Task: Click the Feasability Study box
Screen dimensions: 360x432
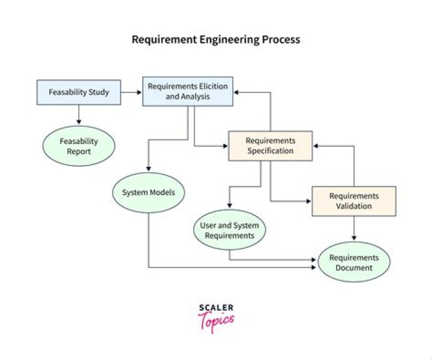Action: point(79,92)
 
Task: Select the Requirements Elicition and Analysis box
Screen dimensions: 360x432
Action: point(188,91)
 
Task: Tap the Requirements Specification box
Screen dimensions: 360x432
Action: point(270,145)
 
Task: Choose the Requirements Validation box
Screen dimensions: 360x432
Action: point(353,201)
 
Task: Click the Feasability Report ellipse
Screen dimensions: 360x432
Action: point(79,146)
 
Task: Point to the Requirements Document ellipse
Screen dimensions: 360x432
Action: point(353,262)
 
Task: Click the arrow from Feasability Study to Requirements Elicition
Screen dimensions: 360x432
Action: point(131,92)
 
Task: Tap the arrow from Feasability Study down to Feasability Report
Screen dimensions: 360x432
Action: point(79,114)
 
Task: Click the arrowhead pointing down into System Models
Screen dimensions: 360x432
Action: point(148,169)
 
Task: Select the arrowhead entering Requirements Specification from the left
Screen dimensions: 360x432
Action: point(225,145)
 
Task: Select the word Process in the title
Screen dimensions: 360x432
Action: point(280,40)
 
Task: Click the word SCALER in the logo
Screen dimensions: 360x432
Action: point(216,308)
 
